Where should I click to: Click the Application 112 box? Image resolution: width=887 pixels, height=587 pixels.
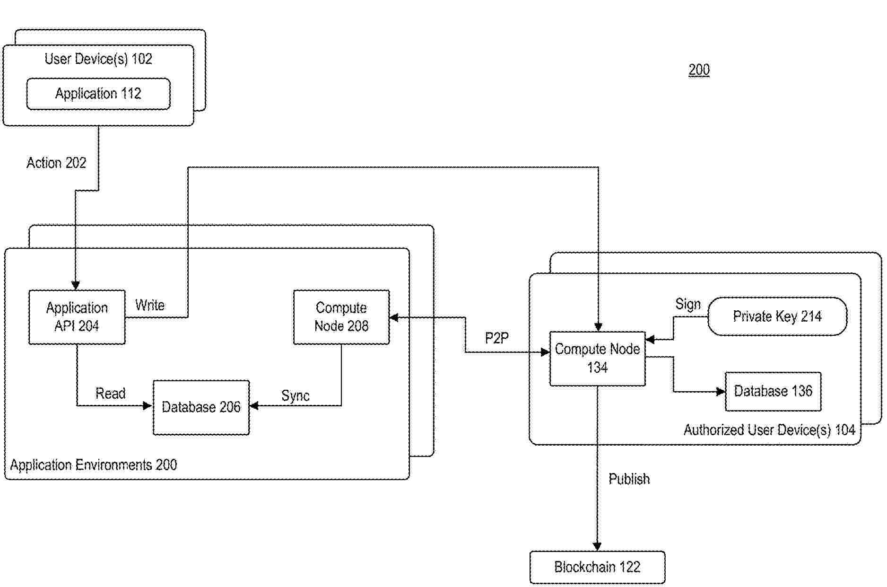[98, 94]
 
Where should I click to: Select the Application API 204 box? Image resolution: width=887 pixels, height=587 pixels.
[77, 317]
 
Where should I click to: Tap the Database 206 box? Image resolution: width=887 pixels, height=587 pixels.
[201, 407]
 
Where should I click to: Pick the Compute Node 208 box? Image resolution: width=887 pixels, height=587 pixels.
[341, 317]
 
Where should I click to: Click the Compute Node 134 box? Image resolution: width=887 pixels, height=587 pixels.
[597, 359]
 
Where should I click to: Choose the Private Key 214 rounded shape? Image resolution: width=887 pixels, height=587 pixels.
[777, 316]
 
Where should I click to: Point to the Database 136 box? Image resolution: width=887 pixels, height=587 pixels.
[773, 391]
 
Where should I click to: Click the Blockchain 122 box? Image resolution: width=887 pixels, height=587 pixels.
[597, 567]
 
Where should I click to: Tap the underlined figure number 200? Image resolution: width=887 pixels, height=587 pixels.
[699, 70]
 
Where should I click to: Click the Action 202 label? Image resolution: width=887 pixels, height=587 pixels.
[56, 163]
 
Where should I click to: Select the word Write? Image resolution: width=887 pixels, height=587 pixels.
[150, 305]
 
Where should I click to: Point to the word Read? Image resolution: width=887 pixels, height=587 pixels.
[111, 394]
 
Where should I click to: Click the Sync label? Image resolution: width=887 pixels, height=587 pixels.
[296, 396]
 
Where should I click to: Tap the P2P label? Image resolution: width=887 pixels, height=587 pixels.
[497, 338]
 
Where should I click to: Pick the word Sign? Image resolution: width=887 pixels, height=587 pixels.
[688, 304]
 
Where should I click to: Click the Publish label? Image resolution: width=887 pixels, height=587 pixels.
[629, 479]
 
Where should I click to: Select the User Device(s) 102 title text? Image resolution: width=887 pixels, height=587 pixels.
[98, 59]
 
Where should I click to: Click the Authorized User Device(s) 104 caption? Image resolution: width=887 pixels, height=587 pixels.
[769, 430]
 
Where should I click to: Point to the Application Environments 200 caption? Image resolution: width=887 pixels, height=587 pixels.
[94, 465]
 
